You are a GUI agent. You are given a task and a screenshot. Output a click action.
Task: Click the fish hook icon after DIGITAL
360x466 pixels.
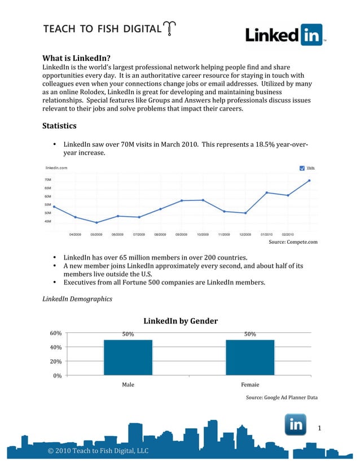169,29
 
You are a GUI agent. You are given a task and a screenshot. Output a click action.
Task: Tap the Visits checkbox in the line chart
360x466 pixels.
302,168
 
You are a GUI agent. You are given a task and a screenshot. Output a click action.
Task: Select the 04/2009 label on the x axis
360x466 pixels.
75,233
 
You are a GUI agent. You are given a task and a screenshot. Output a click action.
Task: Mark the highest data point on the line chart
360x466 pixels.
309,181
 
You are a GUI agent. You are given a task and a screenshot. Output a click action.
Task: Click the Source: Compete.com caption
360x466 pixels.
295,243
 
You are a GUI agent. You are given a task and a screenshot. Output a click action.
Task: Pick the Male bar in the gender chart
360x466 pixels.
128,357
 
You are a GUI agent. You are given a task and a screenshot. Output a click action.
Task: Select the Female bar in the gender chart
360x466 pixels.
249,357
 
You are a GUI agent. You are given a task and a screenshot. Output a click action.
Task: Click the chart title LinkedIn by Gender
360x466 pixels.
180,322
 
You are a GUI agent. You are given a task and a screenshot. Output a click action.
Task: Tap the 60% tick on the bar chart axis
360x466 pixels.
55,334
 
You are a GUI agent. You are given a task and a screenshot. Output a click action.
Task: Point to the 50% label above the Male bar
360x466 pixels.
128,334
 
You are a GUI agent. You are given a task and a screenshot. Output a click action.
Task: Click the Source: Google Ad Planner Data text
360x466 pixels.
282,398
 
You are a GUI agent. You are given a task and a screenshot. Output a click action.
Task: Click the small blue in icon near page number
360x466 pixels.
295,425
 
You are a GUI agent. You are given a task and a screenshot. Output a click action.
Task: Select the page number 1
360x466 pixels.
319,429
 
